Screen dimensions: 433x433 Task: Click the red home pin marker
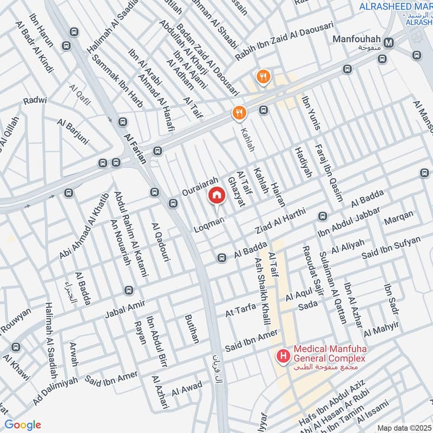coord(216,195)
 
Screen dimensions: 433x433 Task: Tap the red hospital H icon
coord(282,356)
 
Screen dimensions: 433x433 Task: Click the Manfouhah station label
coord(357,41)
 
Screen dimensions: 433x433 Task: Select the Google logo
coord(23,425)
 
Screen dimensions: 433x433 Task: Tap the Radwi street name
coord(35,101)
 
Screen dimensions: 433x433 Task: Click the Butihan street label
coord(192,329)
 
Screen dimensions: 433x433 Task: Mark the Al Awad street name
coord(187,388)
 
